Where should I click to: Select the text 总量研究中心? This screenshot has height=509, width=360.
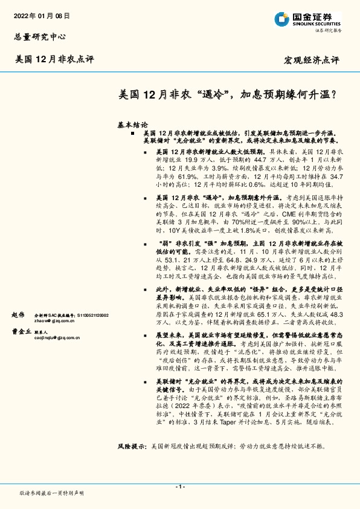[39, 36]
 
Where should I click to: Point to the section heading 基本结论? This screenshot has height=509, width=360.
[133, 123]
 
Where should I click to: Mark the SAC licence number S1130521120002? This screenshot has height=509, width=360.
[91, 316]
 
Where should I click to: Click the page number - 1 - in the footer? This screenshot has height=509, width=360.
[179, 487]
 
